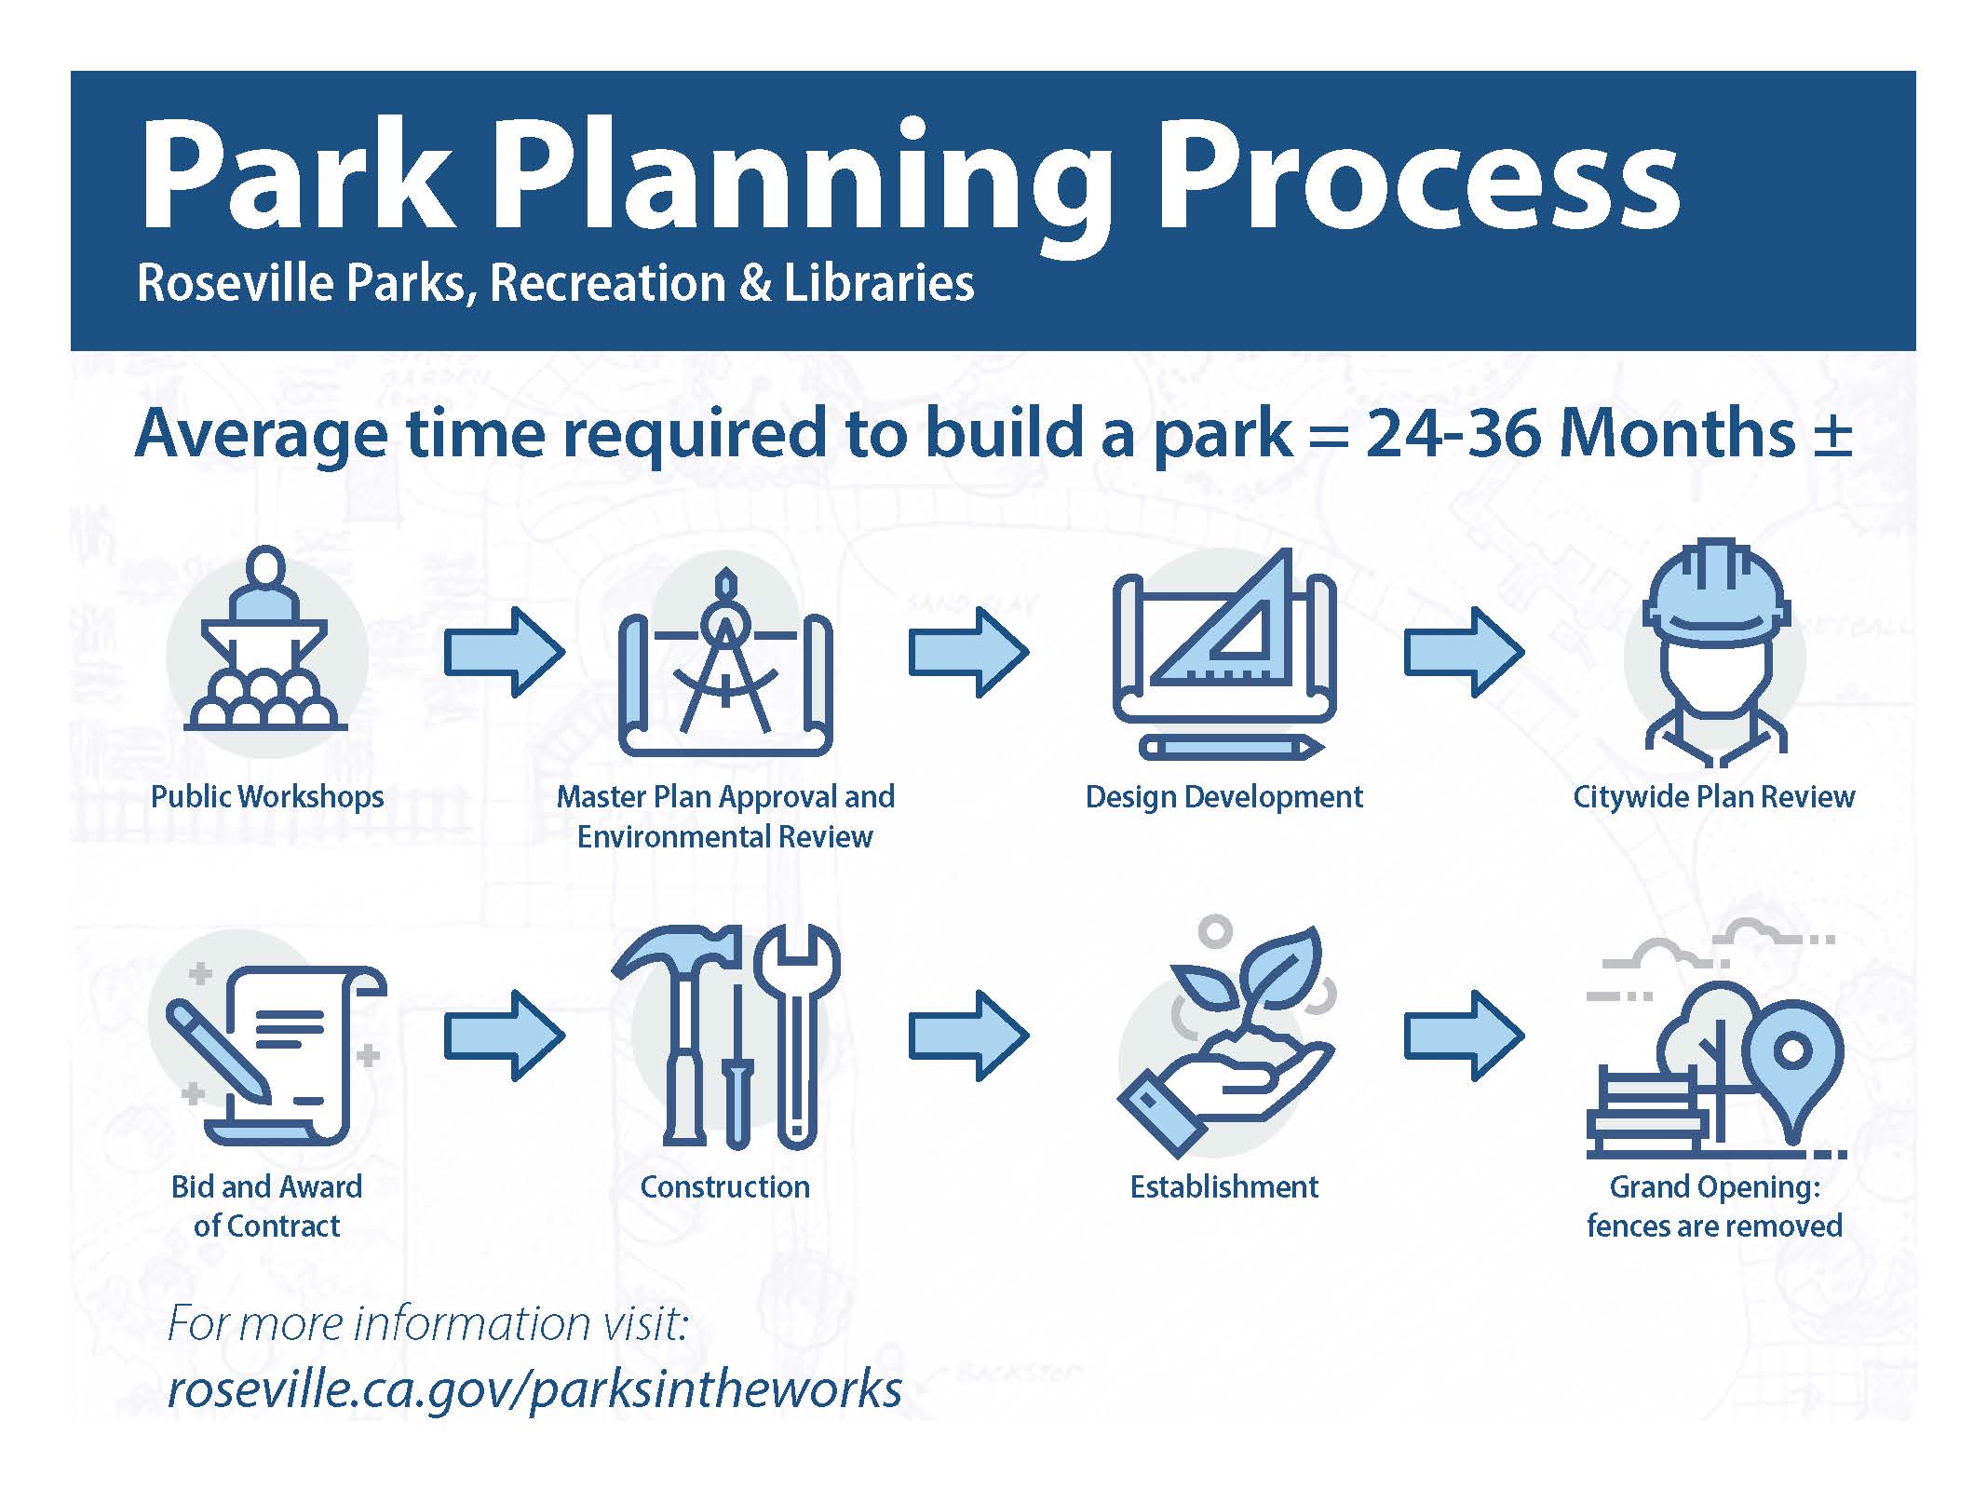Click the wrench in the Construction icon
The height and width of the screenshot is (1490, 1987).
pyautogui.click(x=797, y=1034)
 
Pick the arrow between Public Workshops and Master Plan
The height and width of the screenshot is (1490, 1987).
pyautogui.click(x=504, y=653)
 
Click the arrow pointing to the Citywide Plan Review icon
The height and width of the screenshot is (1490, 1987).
pyautogui.click(x=1464, y=653)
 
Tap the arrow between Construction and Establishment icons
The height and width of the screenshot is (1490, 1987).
pyautogui.click(x=969, y=1036)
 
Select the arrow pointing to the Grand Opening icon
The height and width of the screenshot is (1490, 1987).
pyautogui.click(x=1464, y=1036)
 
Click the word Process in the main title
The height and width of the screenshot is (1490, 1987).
pyautogui.click(x=1418, y=177)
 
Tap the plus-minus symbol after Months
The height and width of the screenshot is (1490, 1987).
pyautogui.click(x=1832, y=434)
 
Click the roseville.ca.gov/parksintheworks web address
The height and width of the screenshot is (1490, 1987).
pyautogui.click(x=534, y=1388)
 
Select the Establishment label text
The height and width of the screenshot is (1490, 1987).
pyautogui.click(x=1224, y=1186)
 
